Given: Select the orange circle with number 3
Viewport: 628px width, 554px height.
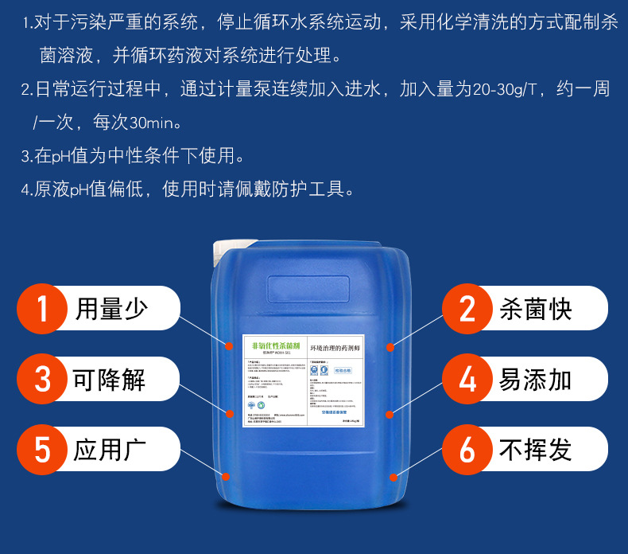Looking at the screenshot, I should [x=44, y=379].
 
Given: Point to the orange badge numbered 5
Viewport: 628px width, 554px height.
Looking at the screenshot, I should [x=44, y=450].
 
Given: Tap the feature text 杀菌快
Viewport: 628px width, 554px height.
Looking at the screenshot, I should [x=536, y=309].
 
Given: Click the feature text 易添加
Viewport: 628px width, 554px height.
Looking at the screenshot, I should [x=536, y=379].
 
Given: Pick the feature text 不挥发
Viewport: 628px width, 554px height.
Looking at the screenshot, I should [x=536, y=450].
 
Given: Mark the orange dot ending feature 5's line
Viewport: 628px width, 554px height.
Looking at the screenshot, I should [x=227, y=476].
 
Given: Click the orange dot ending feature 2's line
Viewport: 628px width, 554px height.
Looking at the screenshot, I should [x=390, y=347].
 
